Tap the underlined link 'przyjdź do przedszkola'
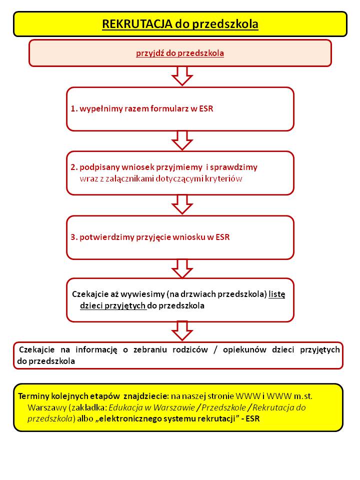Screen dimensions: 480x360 tap(180, 53)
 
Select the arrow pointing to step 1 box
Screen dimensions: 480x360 tap(181, 76)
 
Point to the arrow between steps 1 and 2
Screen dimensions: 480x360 tap(181, 140)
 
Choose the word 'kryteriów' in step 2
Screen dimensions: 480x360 tap(225, 177)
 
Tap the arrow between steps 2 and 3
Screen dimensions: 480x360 tap(181, 204)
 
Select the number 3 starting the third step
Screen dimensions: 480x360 tap(73, 237)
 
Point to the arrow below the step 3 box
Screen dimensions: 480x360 tap(181, 268)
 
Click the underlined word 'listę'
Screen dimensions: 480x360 tap(276, 294)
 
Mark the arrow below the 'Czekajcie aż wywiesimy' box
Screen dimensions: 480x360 tap(181, 331)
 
